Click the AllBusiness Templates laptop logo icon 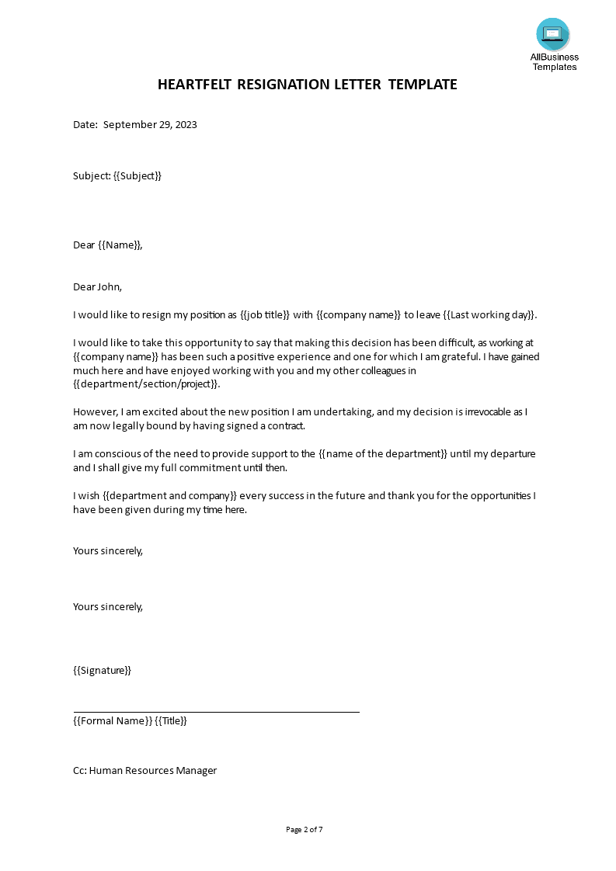(x=552, y=34)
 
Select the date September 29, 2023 (x=150, y=124)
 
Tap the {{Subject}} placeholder (x=137, y=175)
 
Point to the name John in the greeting (x=109, y=286)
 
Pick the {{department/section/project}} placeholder (x=146, y=384)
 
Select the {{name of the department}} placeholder (x=384, y=453)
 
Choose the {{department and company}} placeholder (x=169, y=495)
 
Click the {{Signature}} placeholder (x=102, y=670)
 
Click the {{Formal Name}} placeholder (x=113, y=720)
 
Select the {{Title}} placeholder (x=171, y=720)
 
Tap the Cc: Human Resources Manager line (x=144, y=770)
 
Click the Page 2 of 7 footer (x=305, y=829)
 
